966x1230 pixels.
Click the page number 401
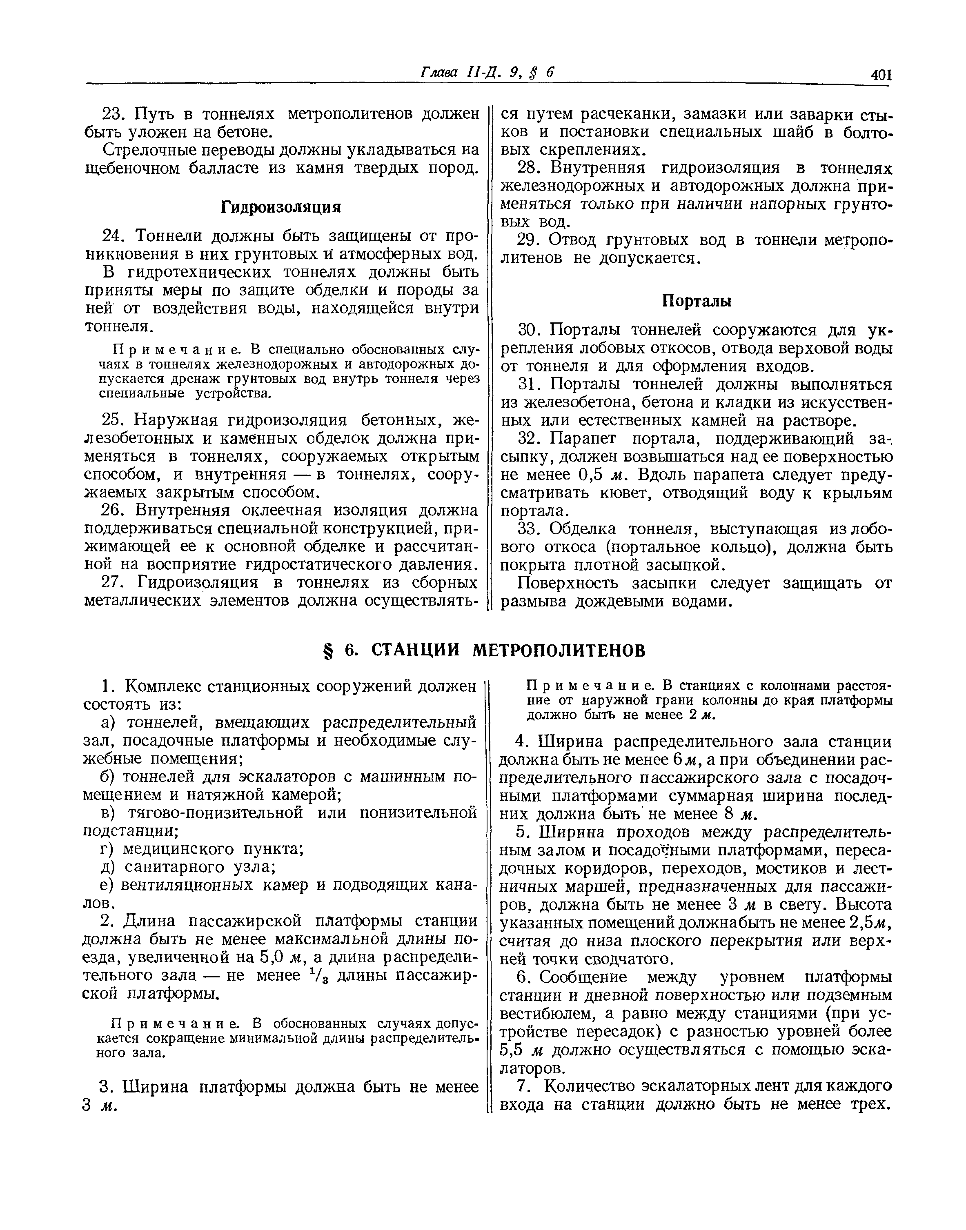point(881,75)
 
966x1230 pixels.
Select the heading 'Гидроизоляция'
point(280,207)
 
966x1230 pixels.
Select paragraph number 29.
point(530,240)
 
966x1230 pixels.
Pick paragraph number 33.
point(530,530)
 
